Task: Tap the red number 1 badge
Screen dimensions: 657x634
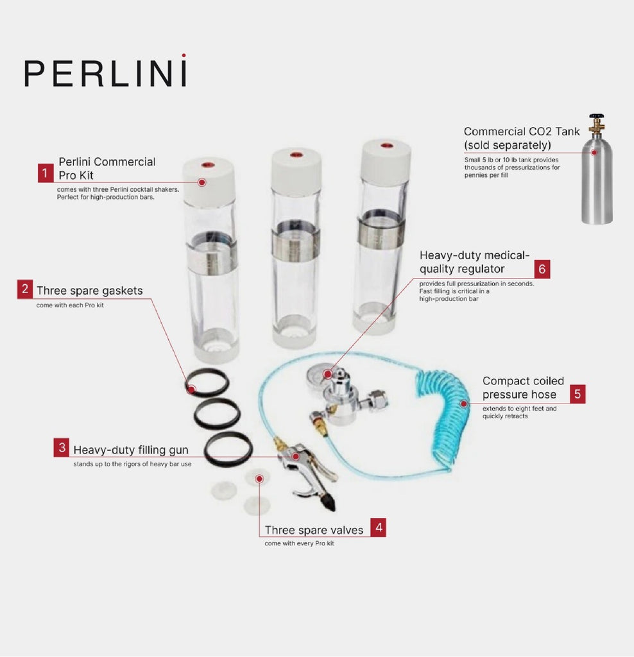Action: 45,173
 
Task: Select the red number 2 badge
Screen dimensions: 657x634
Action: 25,289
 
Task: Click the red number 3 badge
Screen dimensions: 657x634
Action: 62,448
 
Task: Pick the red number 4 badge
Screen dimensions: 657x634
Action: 378,528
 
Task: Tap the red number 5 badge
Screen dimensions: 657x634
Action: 578,393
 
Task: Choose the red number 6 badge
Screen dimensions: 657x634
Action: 542,269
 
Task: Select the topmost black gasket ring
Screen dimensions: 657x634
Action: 207,382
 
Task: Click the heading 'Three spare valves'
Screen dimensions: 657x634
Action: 314,530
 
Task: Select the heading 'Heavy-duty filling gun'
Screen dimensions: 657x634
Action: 130,449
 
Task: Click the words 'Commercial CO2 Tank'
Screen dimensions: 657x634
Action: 521,132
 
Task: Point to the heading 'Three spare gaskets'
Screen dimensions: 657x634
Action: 89,291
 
